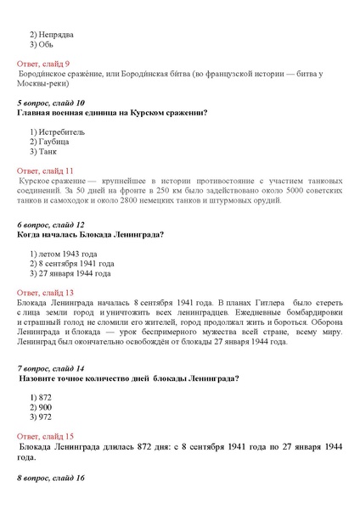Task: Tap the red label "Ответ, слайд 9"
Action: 44,64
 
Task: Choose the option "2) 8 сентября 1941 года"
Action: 70,263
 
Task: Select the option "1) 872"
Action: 41,398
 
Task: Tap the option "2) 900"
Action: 41,407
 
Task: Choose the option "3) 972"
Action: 41,417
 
